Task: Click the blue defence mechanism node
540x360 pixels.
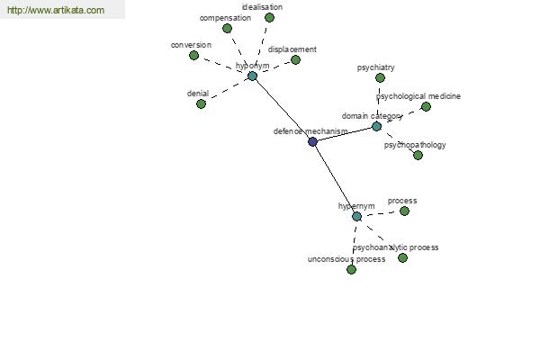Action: click(x=312, y=141)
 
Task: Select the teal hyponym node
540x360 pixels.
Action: click(x=252, y=76)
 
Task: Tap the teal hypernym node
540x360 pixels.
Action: click(x=356, y=216)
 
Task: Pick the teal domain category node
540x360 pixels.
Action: click(x=377, y=126)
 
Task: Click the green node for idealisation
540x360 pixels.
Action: click(x=269, y=18)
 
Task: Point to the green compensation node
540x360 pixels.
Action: click(x=227, y=29)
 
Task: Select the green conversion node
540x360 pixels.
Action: click(x=193, y=55)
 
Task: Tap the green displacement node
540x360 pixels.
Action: click(x=295, y=60)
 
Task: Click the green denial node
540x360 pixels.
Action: click(x=201, y=103)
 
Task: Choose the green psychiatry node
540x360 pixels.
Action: click(x=380, y=78)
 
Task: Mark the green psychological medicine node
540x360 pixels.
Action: click(x=426, y=107)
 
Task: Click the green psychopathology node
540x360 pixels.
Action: click(x=418, y=156)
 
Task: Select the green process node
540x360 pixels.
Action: click(x=404, y=211)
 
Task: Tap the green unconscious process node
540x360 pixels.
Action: click(x=351, y=269)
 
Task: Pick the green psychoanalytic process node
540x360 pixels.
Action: click(x=402, y=257)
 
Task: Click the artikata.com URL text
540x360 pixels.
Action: click(x=56, y=10)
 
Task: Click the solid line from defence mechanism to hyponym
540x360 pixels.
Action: click(x=283, y=109)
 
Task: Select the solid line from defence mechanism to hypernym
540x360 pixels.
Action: click(x=335, y=179)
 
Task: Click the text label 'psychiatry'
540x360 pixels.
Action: click(x=375, y=67)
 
